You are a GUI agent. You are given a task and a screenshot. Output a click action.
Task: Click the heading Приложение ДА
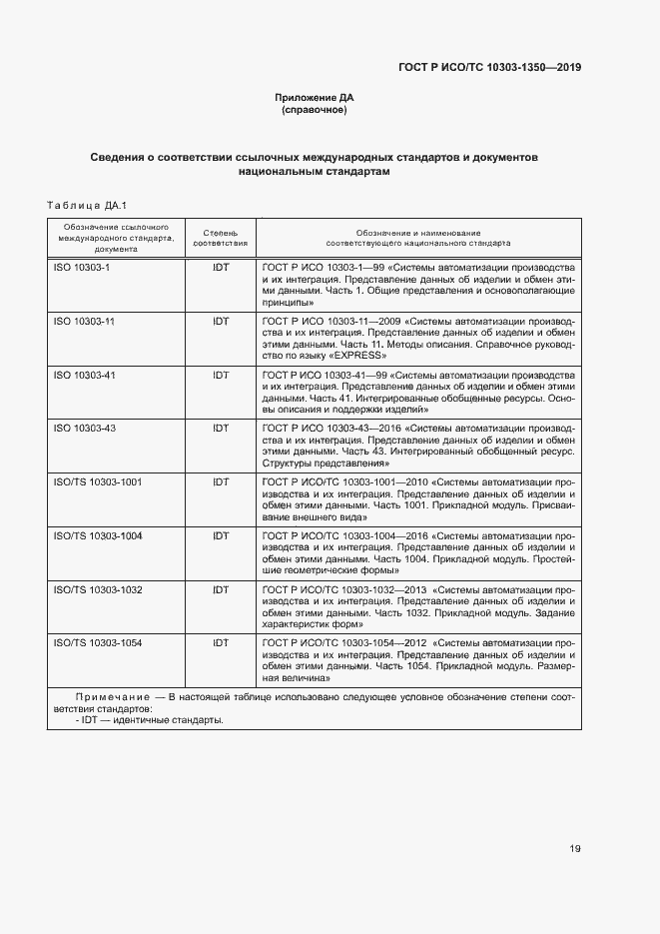pos(315,97)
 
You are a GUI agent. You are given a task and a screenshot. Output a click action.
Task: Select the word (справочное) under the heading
pos(315,110)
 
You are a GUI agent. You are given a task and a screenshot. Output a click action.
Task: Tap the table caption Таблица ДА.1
pos(84,206)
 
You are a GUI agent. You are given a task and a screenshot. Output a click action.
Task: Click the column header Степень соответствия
pos(220,237)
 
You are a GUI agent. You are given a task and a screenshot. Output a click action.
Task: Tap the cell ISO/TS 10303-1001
pos(97,482)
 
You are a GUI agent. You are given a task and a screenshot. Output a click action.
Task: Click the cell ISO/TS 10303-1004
pos(97,536)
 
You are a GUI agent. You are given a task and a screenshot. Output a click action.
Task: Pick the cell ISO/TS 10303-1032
pos(97,590)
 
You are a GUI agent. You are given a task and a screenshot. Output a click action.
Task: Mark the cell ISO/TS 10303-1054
pos(97,643)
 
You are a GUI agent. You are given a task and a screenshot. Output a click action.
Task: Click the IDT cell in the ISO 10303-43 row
pos(221,429)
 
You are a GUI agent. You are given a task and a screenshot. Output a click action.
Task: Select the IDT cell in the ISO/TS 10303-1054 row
pos(221,643)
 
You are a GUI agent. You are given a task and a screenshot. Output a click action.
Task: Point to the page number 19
pos(575,849)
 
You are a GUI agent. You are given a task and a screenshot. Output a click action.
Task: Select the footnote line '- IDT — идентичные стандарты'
pos(150,719)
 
